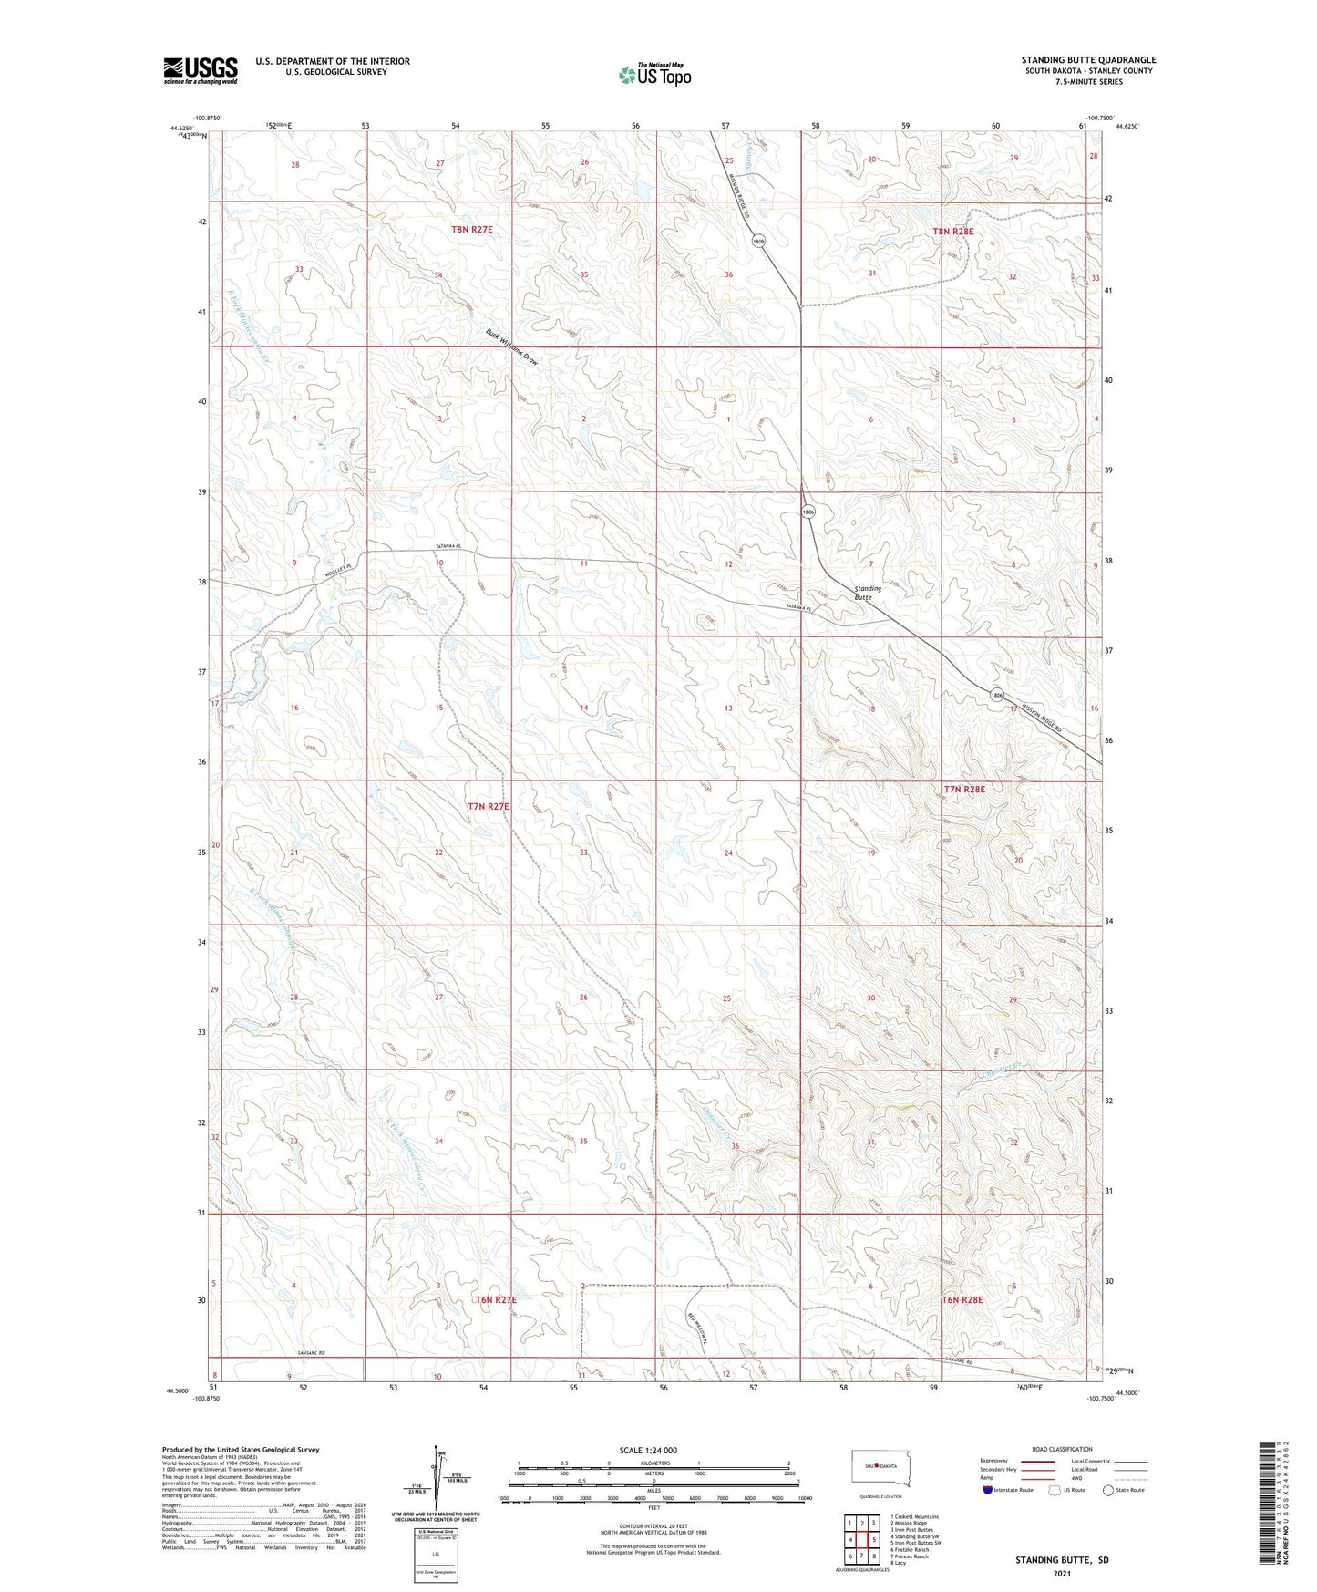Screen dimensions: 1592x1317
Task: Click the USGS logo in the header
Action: [x=200, y=70]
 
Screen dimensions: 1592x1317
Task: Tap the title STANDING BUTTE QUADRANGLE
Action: [x=1088, y=60]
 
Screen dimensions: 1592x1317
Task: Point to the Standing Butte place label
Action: [x=868, y=594]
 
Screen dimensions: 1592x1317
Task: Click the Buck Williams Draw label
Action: [x=512, y=347]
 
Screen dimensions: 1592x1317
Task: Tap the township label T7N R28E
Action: [x=964, y=789]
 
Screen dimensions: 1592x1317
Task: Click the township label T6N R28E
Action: [x=962, y=1300]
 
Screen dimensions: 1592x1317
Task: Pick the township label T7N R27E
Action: [x=488, y=806]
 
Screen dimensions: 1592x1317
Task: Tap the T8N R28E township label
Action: [x=952, y=232]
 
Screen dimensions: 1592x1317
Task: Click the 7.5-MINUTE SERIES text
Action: [x=1088, y=82]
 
